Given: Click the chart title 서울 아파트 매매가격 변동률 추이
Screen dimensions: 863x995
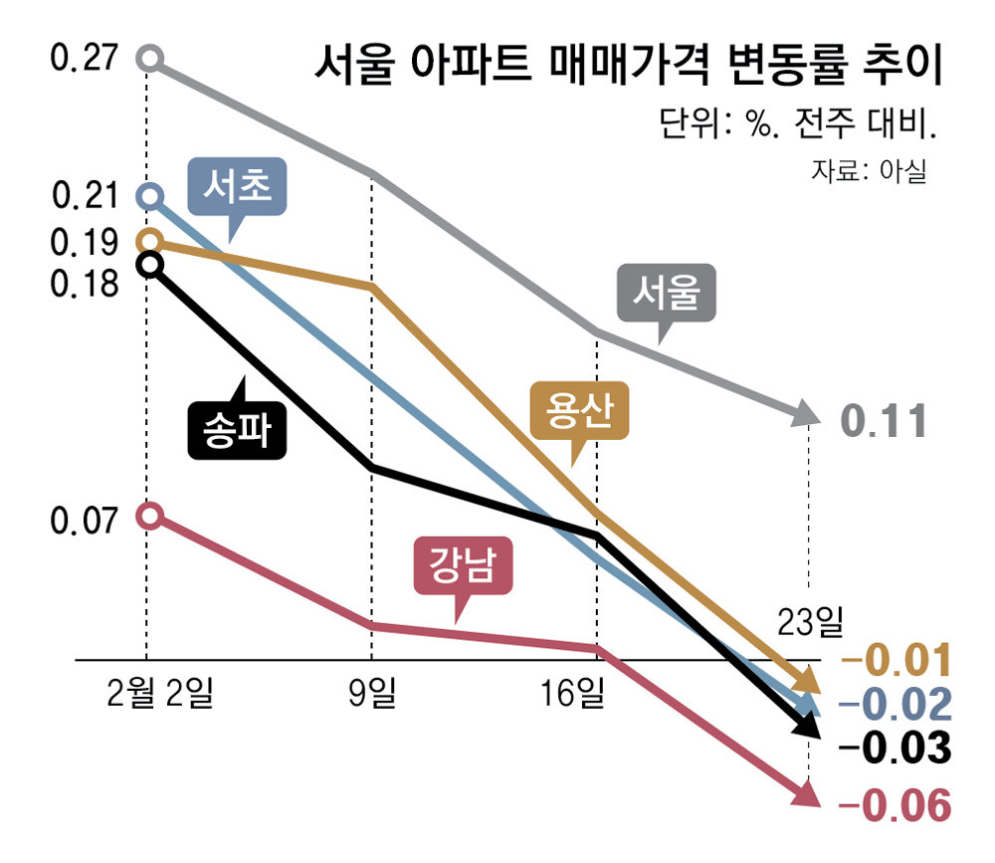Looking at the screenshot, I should click(x=627, y=67).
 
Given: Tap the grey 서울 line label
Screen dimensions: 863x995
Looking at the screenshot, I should click(x=668, y=294).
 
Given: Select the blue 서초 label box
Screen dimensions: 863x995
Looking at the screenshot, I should click(x=238, y=187).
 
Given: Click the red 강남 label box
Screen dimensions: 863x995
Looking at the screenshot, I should click(x=464, y=568).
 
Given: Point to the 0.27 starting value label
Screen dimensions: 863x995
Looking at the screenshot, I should click(x=84, y=59).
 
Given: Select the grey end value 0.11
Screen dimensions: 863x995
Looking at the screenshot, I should click(x=885, y=421).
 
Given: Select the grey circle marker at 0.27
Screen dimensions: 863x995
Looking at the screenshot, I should click(x=149, y=58).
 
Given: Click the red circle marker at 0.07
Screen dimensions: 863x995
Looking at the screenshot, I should click(x=149, y=515).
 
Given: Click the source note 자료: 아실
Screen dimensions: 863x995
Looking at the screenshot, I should click(x=868, y=171).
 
